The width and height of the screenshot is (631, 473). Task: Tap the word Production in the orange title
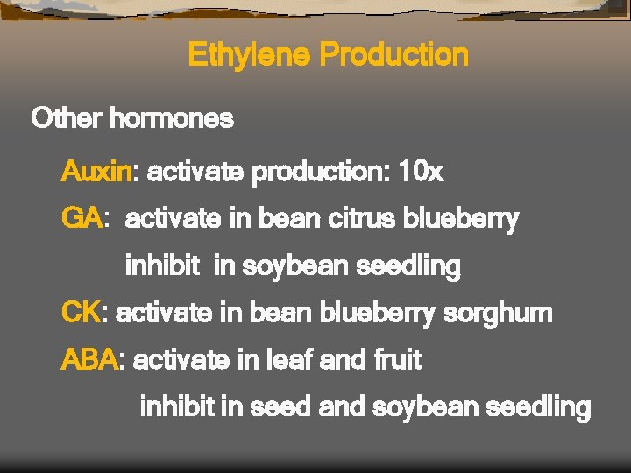[x=393, y=55]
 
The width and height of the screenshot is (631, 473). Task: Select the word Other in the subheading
[x=67, y=118]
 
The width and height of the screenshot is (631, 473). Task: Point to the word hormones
[x=171, y=118]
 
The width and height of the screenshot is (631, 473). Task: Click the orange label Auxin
[x=96, y=172]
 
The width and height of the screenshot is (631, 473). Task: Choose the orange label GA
[x=82, y=218]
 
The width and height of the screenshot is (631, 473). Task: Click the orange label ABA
[x=89, y=359]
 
